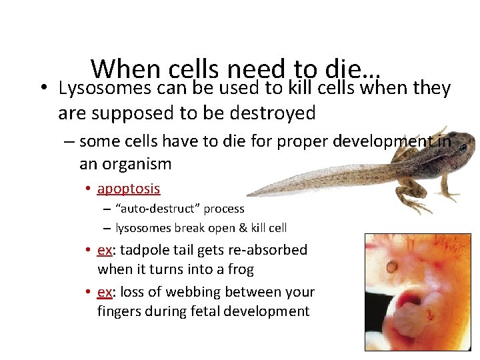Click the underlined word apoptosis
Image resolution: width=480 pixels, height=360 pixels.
coord(129,189)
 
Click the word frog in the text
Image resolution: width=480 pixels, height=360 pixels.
coord(241,269)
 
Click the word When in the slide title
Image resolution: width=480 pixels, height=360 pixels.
coord(126,69)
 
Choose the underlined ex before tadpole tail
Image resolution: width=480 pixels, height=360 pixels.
coord(104,250)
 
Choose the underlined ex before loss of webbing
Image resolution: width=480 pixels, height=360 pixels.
coord(104,291)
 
